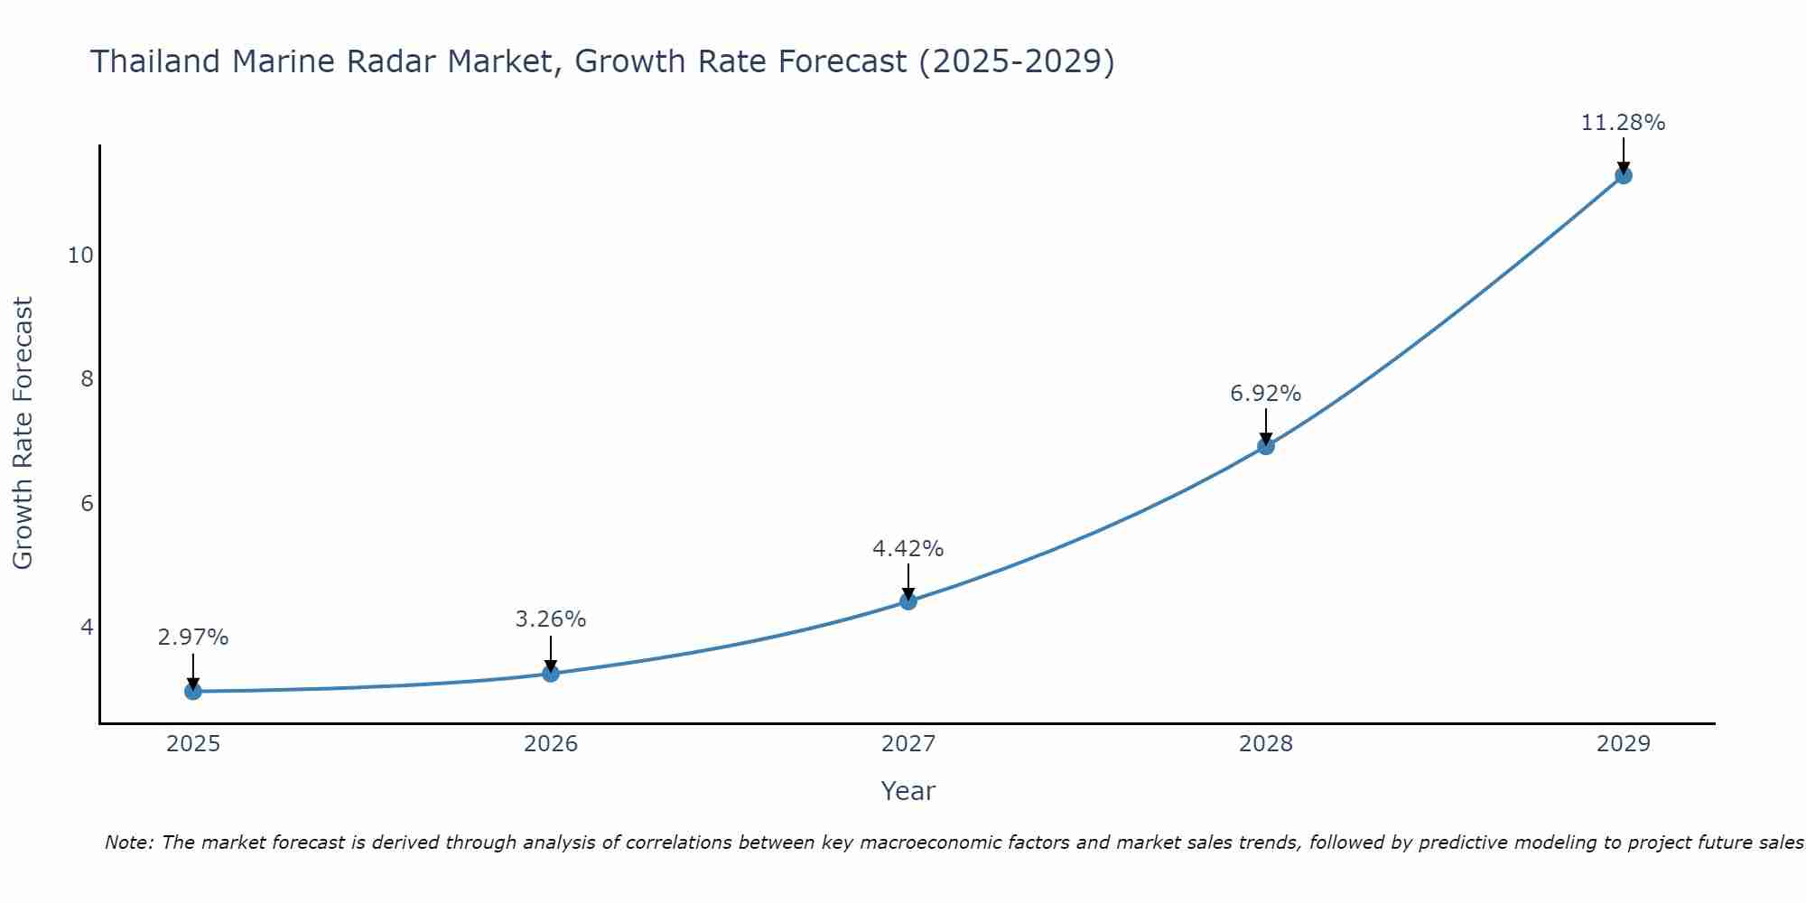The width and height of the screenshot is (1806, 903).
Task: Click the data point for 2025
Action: pos(193,692)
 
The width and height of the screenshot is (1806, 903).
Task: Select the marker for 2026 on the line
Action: pos(551,674)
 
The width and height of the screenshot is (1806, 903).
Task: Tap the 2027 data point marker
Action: pos(908,601)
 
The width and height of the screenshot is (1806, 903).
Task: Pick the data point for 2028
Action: pos(1266,446)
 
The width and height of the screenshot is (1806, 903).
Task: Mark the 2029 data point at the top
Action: pos(1624,175)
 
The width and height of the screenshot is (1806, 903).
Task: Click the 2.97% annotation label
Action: pos(193,638)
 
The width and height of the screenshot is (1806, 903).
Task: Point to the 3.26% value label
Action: pos(551,619)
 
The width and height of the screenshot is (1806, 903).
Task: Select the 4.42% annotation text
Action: pos(908,549)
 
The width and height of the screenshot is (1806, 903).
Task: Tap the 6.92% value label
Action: pos(1266,394)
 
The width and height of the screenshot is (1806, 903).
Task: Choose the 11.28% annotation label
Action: pos(1624,123)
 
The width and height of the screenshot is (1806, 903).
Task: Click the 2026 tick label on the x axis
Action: pos(551,744)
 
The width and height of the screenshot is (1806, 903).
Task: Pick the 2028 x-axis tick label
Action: pos(1266,744)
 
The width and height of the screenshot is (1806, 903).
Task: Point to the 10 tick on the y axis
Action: pos(80,256)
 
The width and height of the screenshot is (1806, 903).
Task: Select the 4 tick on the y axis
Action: pos(87,627)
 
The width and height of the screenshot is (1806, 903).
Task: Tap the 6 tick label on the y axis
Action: pos(87,503)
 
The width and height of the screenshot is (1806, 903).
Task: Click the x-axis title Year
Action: pos(908,791)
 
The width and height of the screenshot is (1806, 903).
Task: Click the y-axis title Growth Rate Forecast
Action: pos(23,433)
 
